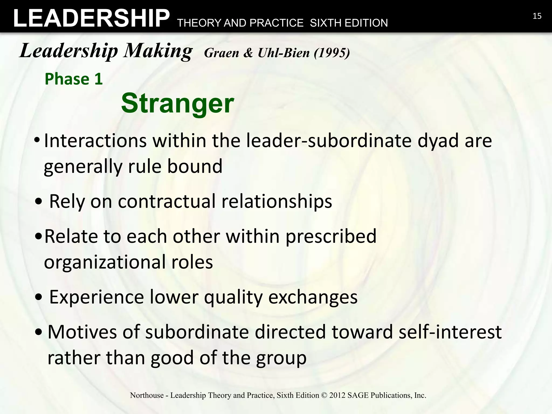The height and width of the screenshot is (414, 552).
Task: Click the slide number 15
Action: tap(537, 16)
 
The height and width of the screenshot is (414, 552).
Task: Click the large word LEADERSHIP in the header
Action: tap(91, 18)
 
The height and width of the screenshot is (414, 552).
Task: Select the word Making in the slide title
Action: tap(158, 51)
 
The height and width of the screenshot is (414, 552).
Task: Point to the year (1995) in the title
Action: tap(332, 53)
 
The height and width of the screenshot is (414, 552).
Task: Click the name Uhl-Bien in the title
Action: tap(284, 53)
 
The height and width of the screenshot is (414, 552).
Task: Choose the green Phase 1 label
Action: tap(74, 79)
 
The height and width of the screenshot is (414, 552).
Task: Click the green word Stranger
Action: tap(177, 103)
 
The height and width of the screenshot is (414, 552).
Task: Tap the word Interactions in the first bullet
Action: tap(95, 141)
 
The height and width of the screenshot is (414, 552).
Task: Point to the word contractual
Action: tap(167, 201)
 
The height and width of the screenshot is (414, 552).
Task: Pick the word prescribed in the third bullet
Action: tap(331, 236)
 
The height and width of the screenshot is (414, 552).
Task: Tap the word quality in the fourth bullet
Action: tap(233, 297)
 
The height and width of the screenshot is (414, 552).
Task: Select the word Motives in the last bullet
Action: tap(82, 332)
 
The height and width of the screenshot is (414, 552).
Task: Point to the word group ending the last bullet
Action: tap(281, 358)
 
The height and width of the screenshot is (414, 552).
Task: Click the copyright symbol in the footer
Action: tap(324, 395)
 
